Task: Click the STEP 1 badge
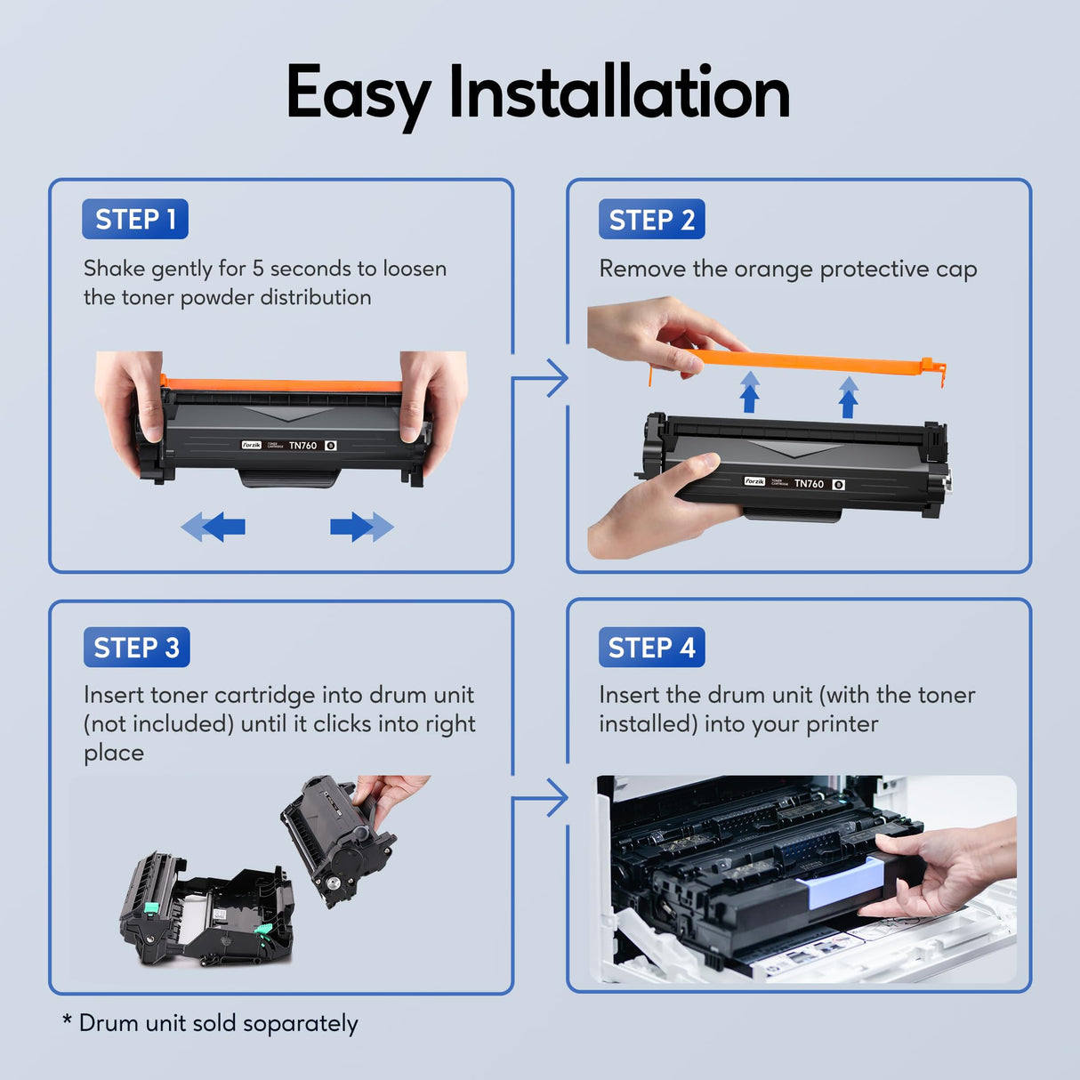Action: (x=135, y=219)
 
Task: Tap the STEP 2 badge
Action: (x=651, y=219)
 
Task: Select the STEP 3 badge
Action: (x=136, y=647)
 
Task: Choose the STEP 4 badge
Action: (x=651, y=647)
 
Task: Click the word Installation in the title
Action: (x=619, y=93)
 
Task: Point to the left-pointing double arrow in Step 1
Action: (x=214, y=527)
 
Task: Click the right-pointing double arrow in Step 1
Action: (x=361, y=527)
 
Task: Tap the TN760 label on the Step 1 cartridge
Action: (x=302, y=445)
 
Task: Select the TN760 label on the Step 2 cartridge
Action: (x=809, y=484)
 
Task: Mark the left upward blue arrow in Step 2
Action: (x=750, y=392)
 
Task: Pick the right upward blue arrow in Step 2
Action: (x=849, y=397)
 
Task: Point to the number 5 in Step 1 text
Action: (x=258, y=268)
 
